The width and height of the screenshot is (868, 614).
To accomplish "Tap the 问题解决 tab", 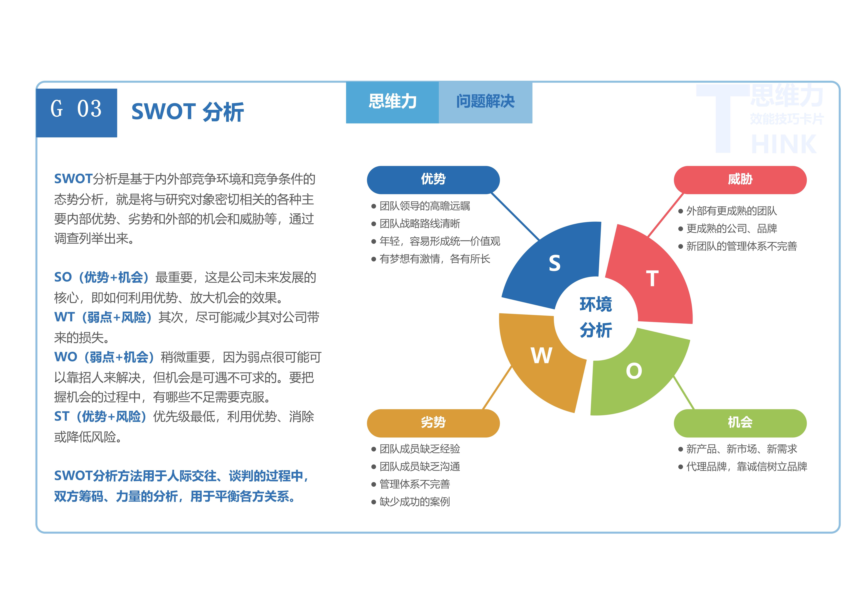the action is pos(485,102).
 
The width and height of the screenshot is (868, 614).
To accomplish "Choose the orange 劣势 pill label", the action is pos(433,423).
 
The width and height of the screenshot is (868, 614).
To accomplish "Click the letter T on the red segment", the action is pos(652,279).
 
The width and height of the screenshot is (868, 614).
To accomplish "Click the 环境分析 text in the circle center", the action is pos(596,317).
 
